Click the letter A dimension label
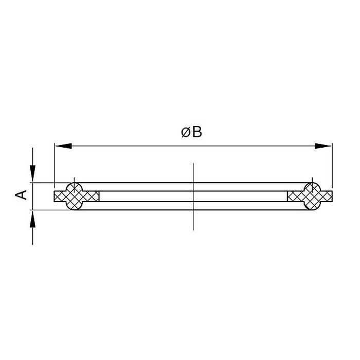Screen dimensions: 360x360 click(21, 195)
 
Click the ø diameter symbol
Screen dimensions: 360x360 click(186, 132)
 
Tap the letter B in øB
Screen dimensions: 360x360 click(197, 132)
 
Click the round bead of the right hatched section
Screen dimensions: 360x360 click(312, 196)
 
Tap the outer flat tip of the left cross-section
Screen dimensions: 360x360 click(57, 196)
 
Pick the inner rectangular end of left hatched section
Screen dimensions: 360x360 click(93, 196)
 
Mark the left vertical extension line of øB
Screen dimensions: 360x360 click(54, 165)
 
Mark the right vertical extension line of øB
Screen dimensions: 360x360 click(332, 165)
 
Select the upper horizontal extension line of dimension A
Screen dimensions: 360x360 click(44, 183)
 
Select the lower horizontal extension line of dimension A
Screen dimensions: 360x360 click(44, 210)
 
